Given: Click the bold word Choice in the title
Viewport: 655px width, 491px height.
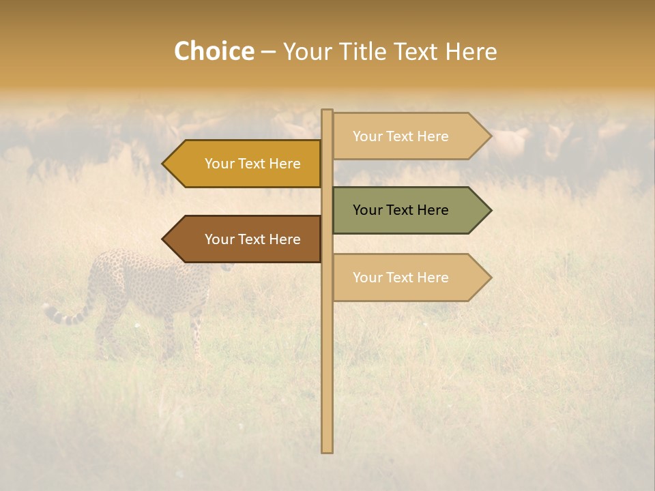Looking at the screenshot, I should pos(214,52).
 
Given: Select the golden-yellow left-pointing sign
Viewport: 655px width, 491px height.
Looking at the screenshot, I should pos(246,164).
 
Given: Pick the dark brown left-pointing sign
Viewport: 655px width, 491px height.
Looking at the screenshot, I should pos(246,239).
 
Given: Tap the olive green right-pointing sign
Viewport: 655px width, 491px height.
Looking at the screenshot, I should pos(409,210).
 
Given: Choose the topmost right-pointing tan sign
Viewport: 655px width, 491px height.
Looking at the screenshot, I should pos(409,136).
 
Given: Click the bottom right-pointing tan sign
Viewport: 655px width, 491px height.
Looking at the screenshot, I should pos(409,278).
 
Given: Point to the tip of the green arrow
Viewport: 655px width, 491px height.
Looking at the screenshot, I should pos(490,210).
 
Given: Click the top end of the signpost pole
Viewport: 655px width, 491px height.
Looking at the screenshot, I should pos(327,111).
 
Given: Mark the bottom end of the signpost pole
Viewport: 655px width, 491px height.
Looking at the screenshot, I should pos(327,451).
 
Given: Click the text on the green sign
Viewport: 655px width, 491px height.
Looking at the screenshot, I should pos(401,210).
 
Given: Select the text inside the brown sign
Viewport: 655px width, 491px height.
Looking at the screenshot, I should pos(252,239).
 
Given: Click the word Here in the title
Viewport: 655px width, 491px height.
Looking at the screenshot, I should pos(471,52).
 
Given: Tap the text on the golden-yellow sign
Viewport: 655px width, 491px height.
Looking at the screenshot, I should pos(252,164).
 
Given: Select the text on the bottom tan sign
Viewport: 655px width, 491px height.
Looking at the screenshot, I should pos(401,278).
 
